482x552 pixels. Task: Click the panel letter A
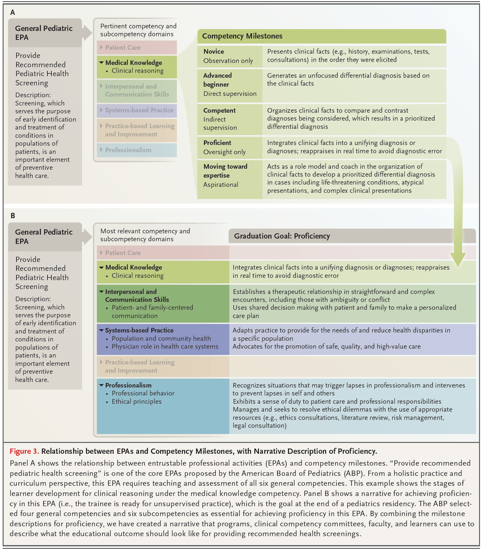pos(13,13)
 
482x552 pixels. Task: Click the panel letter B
pos(13,216)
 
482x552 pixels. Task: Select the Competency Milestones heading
pos(242,36)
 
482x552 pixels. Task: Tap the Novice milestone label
pos(213,51)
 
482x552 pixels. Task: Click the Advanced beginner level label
pos(217,80)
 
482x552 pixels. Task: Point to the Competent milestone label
pos(219,110)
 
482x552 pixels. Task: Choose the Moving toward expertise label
pos(225,171)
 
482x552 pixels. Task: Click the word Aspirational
pos(221,185)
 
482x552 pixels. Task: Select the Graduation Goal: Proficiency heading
pos(282,236)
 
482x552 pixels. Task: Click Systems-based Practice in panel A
pos(139,110)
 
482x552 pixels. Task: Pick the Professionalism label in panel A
pos(128,150)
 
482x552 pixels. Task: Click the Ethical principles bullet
pos(136,401)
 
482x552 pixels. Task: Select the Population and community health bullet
pos(161,338)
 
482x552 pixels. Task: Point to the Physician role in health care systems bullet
pos(165,346)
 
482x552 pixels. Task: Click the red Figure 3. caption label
pos(24,451)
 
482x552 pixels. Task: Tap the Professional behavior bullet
pos(143,393)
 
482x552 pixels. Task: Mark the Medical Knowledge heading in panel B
pos(133,267)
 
